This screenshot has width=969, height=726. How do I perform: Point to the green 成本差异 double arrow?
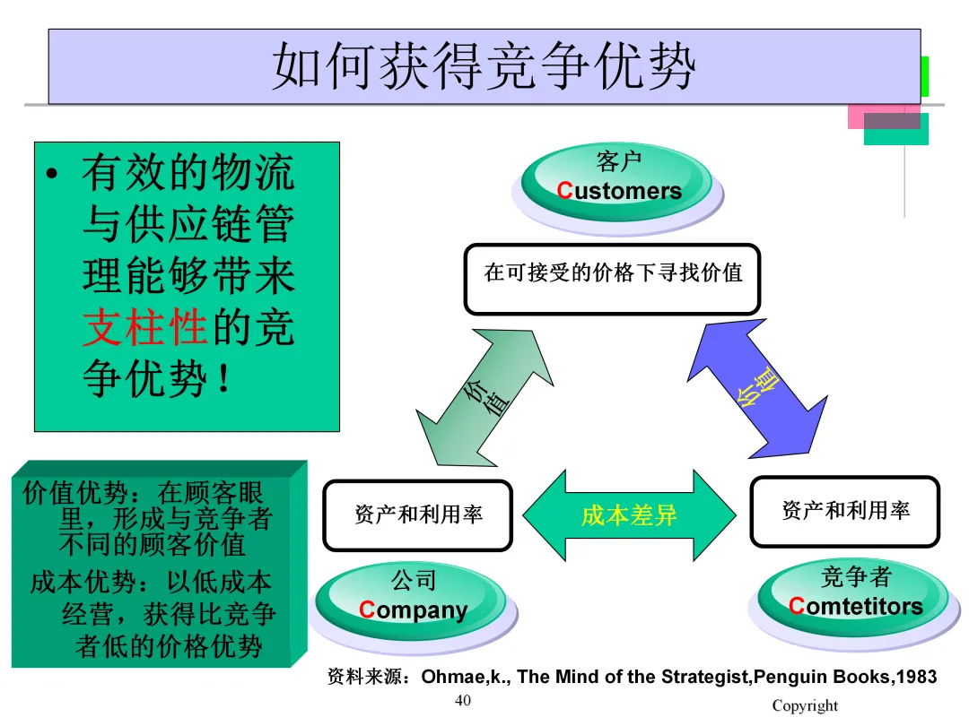click(628, 515)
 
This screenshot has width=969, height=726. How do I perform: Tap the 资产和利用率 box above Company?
click(417, 515)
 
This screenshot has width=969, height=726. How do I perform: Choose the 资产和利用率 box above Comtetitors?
click(845, 511)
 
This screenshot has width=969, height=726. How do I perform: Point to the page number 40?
click(463, 700)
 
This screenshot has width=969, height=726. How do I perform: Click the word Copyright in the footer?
click(805, 705)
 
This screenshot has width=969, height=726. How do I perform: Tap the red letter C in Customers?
click(564, 191)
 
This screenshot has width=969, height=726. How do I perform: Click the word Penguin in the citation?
click(786, 677)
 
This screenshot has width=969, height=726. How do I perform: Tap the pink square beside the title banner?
click(856, 117)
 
